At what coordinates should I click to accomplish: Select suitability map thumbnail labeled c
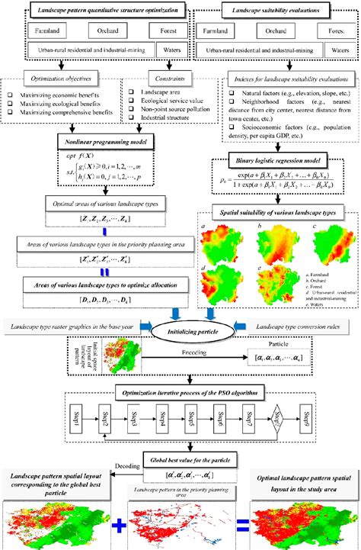tap(323, 232)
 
